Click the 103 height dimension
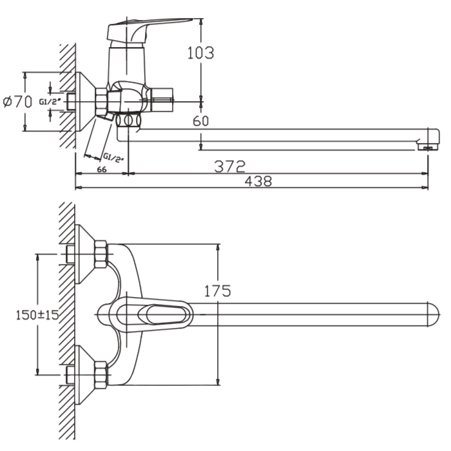point(200,53)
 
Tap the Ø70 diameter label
point(17,101)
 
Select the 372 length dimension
point(230,166)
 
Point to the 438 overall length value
point(258,182)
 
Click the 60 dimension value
point(200,120)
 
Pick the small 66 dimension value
point(101,169)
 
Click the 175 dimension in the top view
point(217,291)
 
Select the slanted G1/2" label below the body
point(112,158)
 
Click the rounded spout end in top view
point(430,314)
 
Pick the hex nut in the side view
point(102,101)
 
